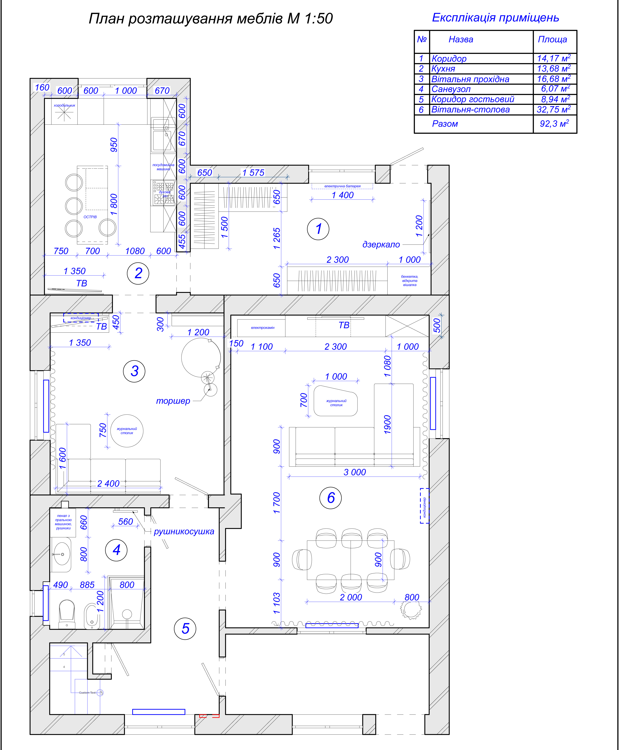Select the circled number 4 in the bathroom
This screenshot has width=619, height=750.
click(x=116, y=550)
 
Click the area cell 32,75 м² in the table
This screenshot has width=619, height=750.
click(x=553, y=109)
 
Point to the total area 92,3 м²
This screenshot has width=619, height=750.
click(x=554, y=124)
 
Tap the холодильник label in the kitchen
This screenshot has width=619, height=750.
click(x=65, y=106)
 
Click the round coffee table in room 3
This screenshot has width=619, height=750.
click(x=127, y=431)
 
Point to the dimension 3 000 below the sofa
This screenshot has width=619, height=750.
click(x=355, y=472)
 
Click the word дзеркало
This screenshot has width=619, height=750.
click(x=381, y=244)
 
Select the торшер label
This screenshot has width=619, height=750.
click(x=173, y=401)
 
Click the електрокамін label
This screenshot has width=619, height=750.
click(x=263, y=327)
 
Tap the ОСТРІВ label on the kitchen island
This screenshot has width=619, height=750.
click(x=90, y=217)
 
